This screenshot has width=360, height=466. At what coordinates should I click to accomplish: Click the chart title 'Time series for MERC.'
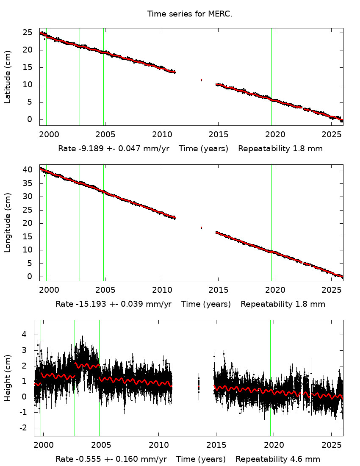tap(189, 14)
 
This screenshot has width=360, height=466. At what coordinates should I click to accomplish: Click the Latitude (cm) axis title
tap(8, 77)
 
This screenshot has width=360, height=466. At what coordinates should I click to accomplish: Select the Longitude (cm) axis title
tap(8, 223)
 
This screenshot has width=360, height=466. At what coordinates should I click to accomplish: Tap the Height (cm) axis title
tap(8, 377)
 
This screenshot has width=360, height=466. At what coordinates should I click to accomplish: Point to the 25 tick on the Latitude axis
tap(28, 33)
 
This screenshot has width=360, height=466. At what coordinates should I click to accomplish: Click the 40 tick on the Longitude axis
tap(28, 170)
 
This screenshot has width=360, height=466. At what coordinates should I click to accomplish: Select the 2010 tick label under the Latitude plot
tap(161, 135)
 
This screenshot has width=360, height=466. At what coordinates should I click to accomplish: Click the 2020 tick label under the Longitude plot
tap(274, 290)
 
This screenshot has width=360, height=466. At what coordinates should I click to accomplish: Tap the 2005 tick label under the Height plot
tap(101, 445)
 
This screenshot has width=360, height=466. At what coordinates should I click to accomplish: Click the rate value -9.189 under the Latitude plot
tap(89, 149)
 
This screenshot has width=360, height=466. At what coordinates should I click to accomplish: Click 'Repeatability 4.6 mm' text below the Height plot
tap(278, 459)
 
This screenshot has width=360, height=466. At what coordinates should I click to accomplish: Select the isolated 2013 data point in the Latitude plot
tap(201, 80)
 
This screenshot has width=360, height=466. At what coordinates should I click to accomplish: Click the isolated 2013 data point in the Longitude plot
tap(201, 227)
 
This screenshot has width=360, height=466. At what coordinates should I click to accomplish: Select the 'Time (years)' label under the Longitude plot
tap(206, 304)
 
